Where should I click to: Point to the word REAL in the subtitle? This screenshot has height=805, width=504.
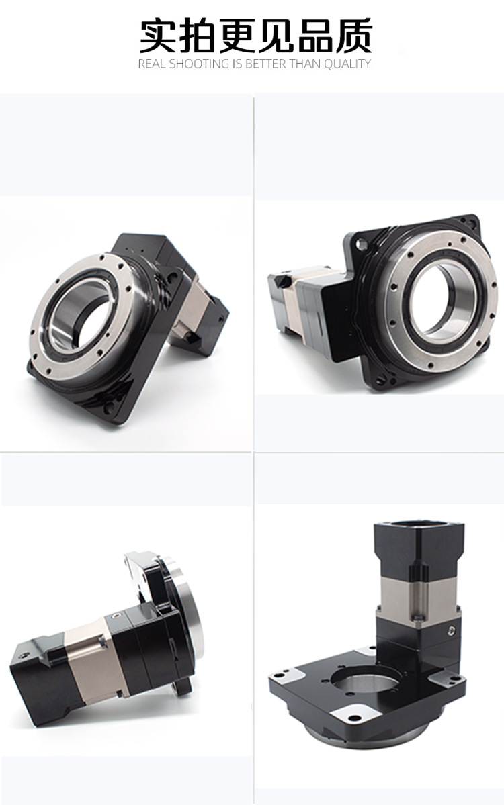click(153, 64)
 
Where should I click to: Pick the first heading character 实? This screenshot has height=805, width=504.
click(158, 36)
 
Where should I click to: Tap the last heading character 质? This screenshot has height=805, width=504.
click(353, 36)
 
